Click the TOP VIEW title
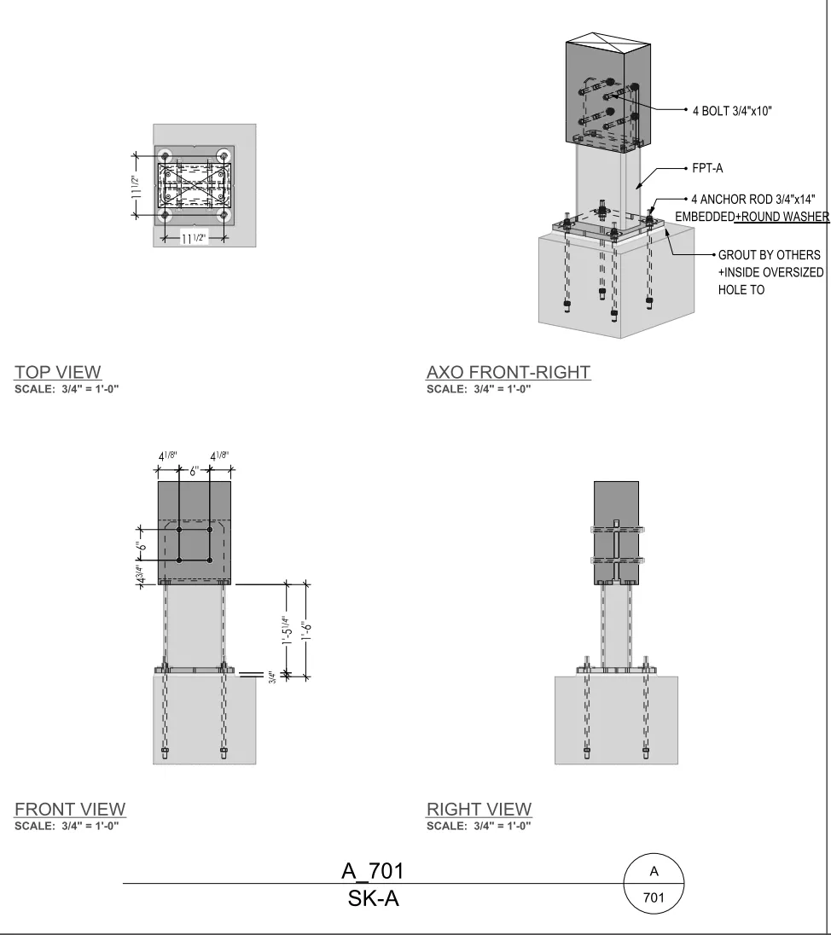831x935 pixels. pos(58,372)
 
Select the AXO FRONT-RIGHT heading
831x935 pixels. pos(508,372)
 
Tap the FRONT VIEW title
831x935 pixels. pos(70,810)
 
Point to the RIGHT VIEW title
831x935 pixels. pos(479,810)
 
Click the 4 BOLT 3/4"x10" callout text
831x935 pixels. pos(732,111)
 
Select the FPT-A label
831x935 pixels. pos(707,168)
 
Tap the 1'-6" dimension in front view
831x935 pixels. pos(307,631)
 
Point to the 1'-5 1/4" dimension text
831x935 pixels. pos(288,630)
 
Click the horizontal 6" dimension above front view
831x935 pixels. pos(194,471)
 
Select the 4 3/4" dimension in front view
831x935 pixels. pos(141,573)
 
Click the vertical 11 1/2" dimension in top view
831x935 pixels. pos(137,186)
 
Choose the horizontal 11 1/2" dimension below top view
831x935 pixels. pos(194,239)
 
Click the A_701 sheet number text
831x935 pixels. pos(373,871)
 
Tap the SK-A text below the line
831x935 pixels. pos(373,898)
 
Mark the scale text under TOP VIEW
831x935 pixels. pos(67,389)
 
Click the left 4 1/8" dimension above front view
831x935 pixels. pos(167,456)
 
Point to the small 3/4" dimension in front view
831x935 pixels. pos(270,677)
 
